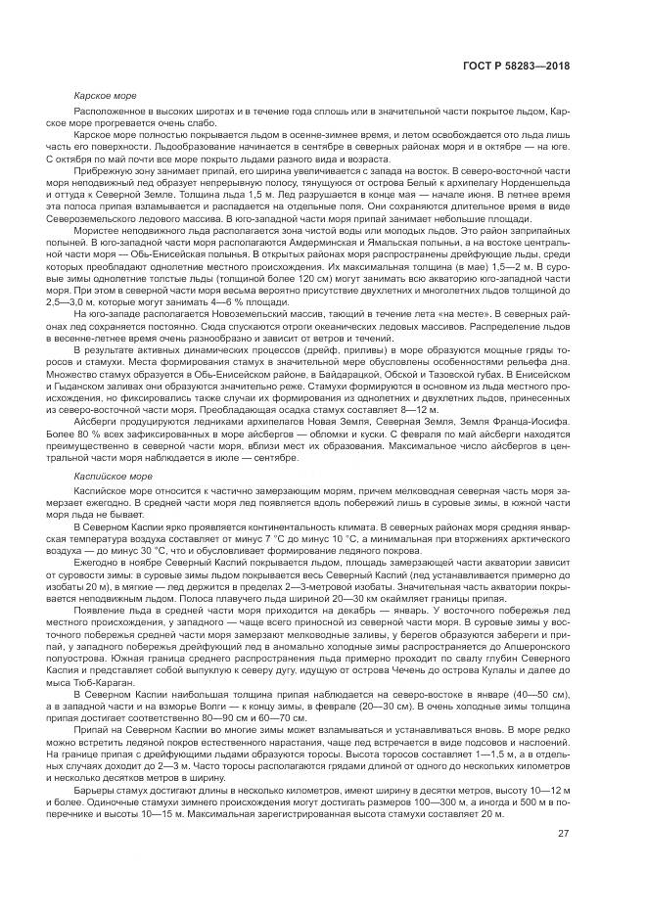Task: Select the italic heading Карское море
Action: (107, 96)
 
